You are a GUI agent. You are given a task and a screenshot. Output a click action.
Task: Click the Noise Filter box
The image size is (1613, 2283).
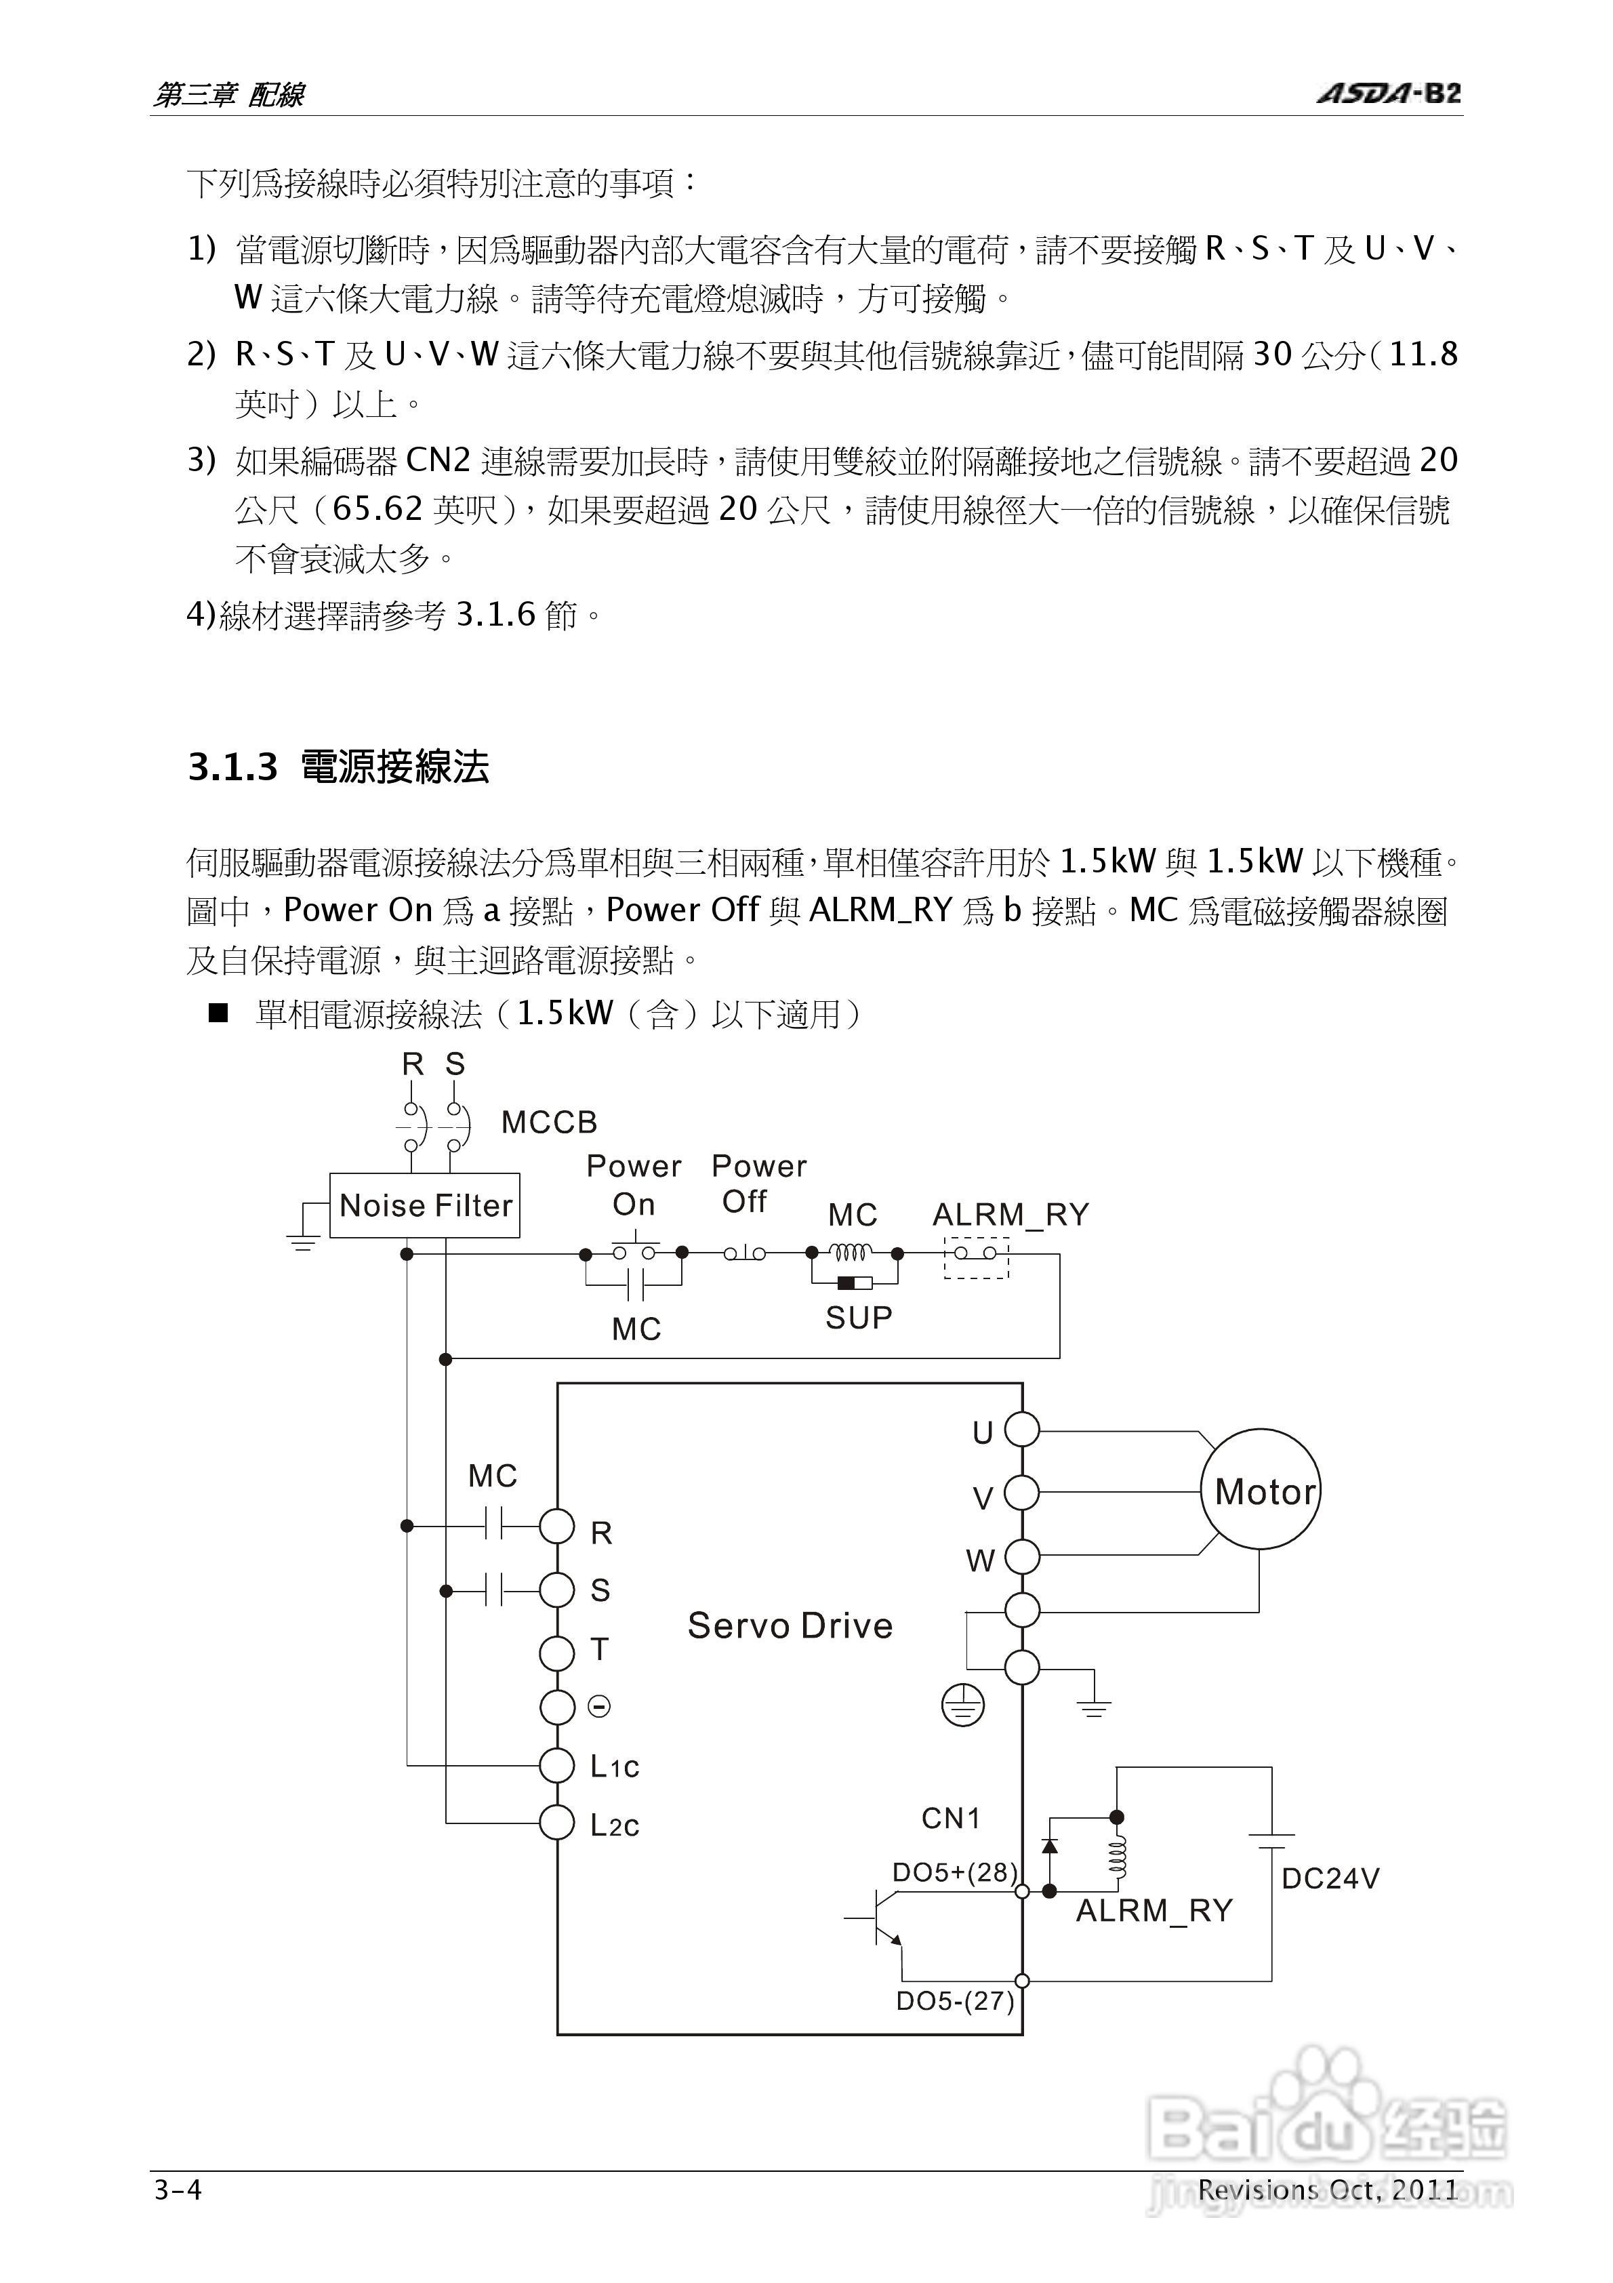point(425,1205)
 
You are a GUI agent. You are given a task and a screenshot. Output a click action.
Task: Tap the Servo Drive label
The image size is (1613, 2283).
point(790,1625)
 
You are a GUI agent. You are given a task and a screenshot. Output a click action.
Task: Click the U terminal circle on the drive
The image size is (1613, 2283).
point(1021,1431)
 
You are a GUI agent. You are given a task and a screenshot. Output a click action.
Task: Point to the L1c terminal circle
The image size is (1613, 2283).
point(557,1766)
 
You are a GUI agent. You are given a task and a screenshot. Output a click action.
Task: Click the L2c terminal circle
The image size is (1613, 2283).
point(557,1823)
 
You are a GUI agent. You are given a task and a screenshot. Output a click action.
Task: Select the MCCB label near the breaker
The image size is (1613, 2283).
point(549,1123)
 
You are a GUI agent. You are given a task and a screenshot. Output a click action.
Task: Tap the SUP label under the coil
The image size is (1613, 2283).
point(858,1318)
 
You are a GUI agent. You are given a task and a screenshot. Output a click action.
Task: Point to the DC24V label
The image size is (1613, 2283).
point(1330,1878)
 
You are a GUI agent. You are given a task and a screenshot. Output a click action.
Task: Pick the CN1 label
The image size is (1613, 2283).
point(951,1819)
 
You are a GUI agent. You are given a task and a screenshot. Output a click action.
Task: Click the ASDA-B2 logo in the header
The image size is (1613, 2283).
point(1388,94)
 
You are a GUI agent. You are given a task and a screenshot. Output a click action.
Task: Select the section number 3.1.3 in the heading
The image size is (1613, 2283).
point(232,767)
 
